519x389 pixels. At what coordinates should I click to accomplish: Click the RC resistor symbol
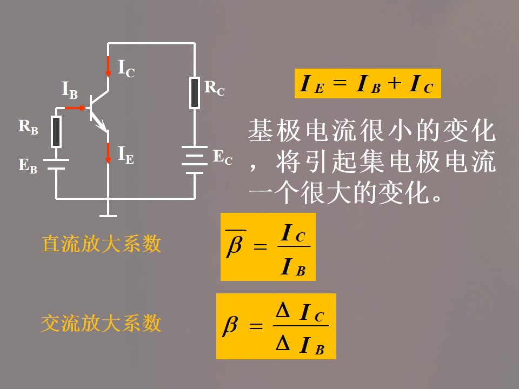click(x=195, y=92)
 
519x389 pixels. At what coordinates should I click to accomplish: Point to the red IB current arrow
click(x=76, y=108)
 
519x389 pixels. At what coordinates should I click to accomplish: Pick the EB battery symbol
click(x=56, y=164)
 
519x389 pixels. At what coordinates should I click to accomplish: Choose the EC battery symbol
click(x=195, y=160)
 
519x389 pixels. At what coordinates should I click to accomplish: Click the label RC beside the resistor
click(x=214, y=88)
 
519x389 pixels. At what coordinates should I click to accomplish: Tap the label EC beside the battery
click(x=222, y=158)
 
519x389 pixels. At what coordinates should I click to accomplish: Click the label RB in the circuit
click(x=28, y=127)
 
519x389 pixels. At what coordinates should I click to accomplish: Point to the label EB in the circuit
click(x=28, y=165)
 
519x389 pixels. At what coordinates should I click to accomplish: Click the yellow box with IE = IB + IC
click(x=368, y=84)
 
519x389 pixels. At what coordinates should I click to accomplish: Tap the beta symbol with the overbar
click(x=235, y=246)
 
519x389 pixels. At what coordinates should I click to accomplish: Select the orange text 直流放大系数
click(x=101, y=244)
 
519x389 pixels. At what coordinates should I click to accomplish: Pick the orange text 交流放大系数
click(x=101, y=324)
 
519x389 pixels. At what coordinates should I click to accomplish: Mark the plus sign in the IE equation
click(x=395, y=83)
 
